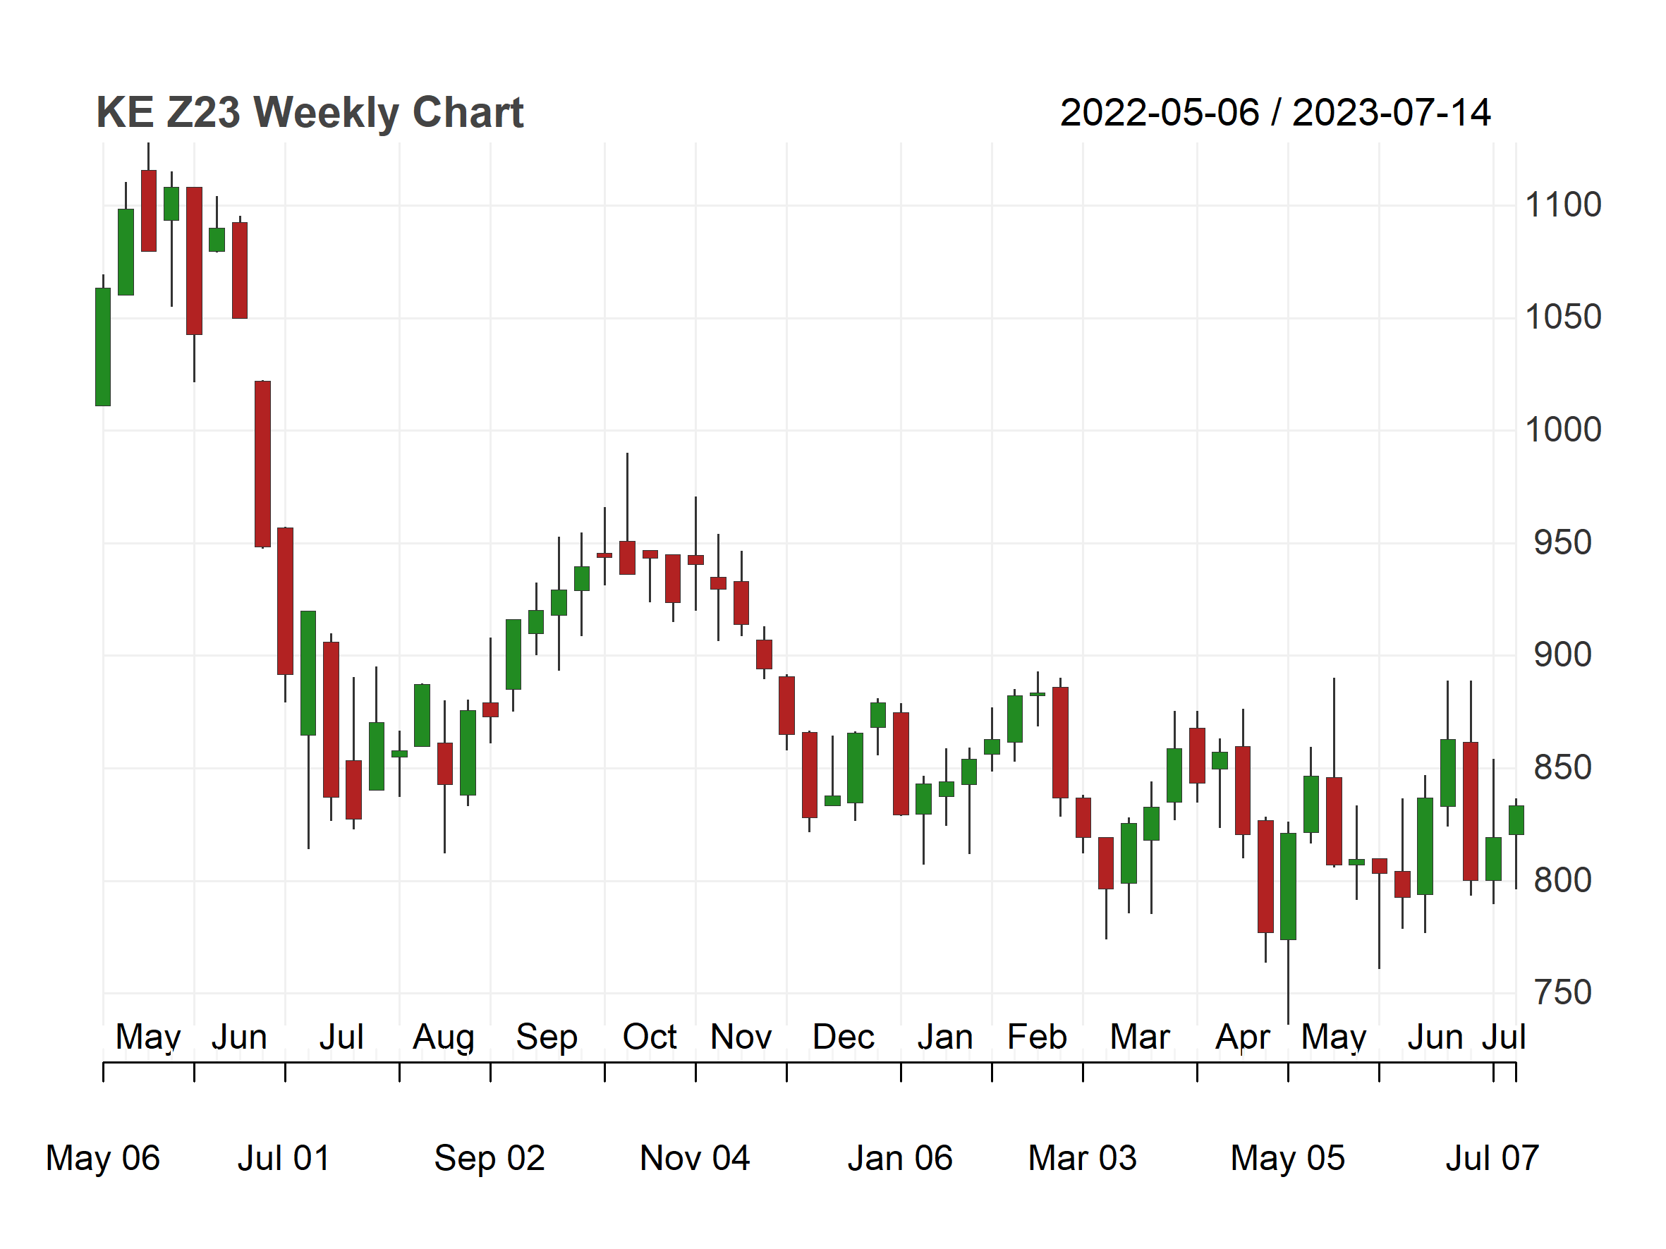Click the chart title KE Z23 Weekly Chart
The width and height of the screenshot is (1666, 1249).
310,113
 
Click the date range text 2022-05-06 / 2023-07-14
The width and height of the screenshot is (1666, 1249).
1275,113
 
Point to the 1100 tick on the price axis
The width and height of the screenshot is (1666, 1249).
1563,205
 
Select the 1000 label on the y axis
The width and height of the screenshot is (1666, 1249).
1563,430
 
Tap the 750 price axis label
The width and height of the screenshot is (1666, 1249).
1563,992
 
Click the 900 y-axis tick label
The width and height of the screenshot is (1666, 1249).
1563,655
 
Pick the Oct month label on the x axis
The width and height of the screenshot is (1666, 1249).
650,1037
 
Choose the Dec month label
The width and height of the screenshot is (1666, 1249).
844,1037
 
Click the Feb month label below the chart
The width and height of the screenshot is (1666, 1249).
1037,1037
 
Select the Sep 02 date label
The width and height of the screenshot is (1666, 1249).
490,1158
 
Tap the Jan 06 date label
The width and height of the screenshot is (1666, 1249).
900,1158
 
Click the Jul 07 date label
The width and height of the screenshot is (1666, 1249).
1492,1158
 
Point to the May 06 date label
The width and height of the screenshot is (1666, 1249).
102,1158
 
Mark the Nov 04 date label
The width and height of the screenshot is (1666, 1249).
695,1158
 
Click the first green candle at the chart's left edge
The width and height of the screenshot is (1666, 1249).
103,347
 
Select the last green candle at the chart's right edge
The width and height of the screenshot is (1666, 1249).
1516,820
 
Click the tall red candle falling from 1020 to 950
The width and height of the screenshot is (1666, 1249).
263,464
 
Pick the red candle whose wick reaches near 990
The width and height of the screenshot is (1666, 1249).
627,558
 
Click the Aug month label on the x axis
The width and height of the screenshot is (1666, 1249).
444,1037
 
